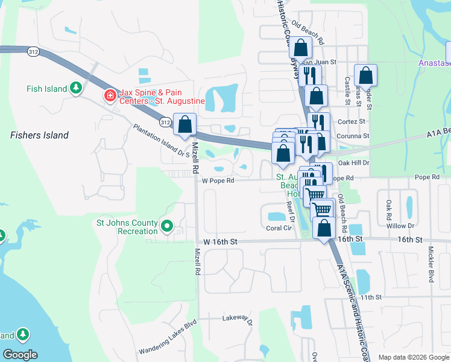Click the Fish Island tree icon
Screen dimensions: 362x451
tap(76, 89)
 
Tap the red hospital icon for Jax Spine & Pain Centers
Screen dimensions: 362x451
tap(110, 95)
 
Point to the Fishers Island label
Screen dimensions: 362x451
tap(40, 135)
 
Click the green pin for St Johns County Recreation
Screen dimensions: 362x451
tap(167, 227)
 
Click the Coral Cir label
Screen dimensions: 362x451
tap(279, 228)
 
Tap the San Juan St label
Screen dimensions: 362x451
tap(318, 62)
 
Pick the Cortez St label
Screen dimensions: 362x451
tap(354, 121)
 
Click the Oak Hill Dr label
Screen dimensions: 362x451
tap(353, 163)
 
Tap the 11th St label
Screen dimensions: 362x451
tap(371, 297)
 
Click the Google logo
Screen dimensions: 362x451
tap(20, 355)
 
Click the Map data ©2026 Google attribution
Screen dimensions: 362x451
tap(414, 357)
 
